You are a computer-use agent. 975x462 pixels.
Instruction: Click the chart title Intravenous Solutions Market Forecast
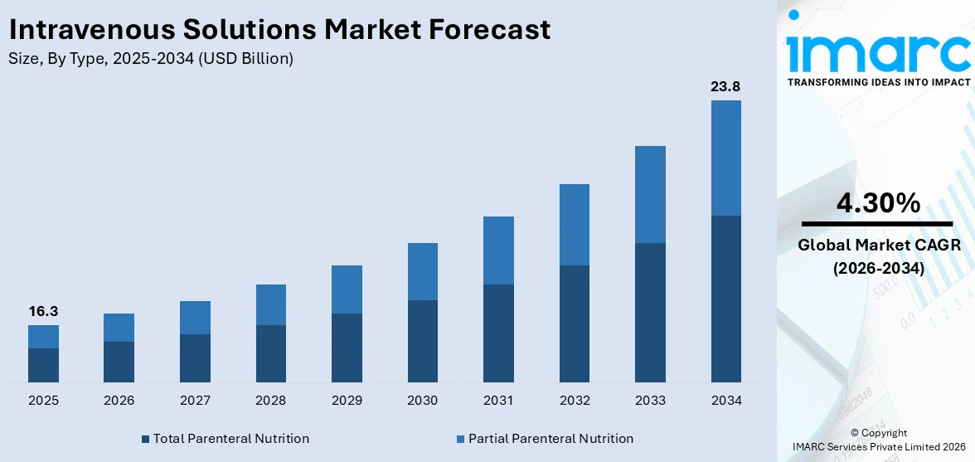coord(279,30)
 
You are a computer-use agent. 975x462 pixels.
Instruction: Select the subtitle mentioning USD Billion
coord(151,59)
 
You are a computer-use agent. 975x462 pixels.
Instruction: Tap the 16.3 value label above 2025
coord(43,311)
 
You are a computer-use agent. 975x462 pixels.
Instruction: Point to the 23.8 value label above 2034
coord(725,86)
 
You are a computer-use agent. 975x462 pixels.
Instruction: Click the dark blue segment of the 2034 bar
coord(725,299)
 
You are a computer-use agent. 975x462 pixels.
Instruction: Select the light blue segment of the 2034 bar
coord(725,158)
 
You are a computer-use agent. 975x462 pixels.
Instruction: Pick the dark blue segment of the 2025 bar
coord(43,365)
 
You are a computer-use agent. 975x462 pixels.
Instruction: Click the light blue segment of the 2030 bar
coord(423,271)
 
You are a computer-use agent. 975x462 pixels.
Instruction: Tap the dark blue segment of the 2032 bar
coord(575,323)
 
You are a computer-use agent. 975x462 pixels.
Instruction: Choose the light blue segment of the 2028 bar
coord(271,304)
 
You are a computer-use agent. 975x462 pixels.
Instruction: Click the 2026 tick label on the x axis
coord(119,401)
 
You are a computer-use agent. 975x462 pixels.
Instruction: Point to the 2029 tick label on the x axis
coord(347,401)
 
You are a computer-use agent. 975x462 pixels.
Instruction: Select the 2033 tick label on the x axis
coord(650,401)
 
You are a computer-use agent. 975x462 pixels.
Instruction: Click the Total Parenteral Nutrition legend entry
coord(226,438)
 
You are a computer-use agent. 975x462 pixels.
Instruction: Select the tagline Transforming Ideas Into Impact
coord(878,82)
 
